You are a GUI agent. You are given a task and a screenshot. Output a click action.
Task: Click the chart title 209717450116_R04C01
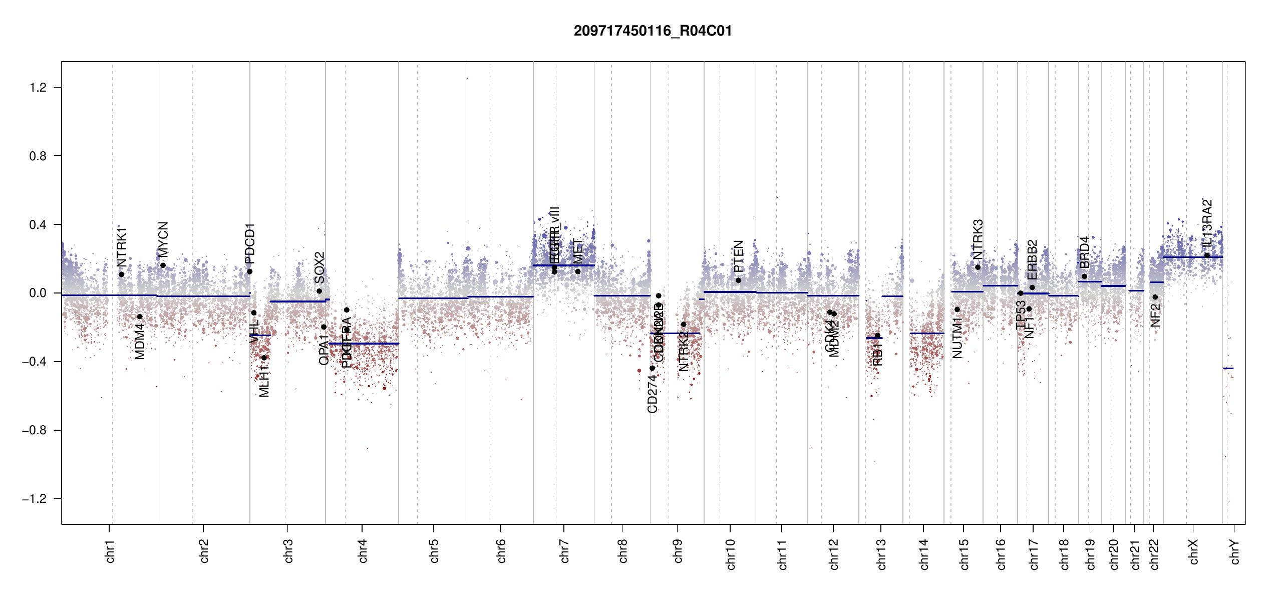[653, 31]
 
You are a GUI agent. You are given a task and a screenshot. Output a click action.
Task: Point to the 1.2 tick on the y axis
[38, 88]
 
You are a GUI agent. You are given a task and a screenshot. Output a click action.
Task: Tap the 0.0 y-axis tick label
[38, 293]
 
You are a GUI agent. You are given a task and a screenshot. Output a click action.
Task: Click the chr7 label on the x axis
[564, 551]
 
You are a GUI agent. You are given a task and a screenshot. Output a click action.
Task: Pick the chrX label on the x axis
[1193, 551]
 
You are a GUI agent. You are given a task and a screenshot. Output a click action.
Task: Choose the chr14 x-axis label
[924, 554]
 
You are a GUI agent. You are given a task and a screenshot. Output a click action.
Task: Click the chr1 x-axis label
[110, 551]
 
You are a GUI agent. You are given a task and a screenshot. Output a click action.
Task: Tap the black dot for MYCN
[163, 265]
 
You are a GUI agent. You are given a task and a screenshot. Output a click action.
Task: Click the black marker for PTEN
[738, 280]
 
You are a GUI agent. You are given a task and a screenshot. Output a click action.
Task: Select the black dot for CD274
[652, 368]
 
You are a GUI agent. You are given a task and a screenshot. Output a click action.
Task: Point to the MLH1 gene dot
[264, 358]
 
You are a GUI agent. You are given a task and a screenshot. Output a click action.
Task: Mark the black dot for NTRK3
[978, 267]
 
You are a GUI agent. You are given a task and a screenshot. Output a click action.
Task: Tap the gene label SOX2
[320, 267]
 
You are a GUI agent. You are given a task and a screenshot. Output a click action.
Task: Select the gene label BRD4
[1084, 252]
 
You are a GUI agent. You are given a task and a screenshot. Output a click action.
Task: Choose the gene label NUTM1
[957, 338]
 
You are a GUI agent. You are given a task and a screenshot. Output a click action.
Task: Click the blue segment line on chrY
[1228, 368]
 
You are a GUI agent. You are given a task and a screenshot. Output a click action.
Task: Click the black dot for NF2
[1155, 297]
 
